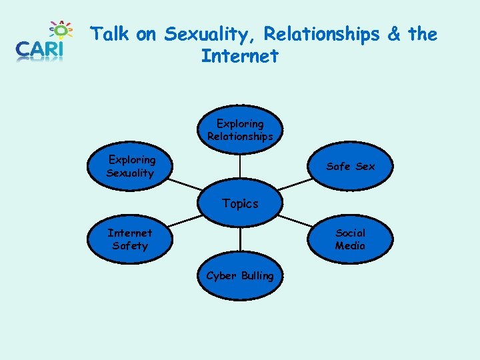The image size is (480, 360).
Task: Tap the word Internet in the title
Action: coord(239,56)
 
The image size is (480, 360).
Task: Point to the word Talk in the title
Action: coord(110,33)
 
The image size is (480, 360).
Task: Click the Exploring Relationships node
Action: coord(240,130)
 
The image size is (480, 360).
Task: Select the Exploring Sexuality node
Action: coord(131,166)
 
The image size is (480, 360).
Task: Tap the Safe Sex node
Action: coord(350,166)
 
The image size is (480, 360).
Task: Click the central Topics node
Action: coord(240,203)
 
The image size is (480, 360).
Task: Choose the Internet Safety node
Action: coord(130,239)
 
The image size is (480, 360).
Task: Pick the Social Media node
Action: coord(350,239)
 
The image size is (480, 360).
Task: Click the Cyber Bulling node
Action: coord(240,275)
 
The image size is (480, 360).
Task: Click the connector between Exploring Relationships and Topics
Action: coord(240,170)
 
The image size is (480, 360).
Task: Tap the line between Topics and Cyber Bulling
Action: coord(240,237)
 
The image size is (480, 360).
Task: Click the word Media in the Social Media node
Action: coord(350,245)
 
